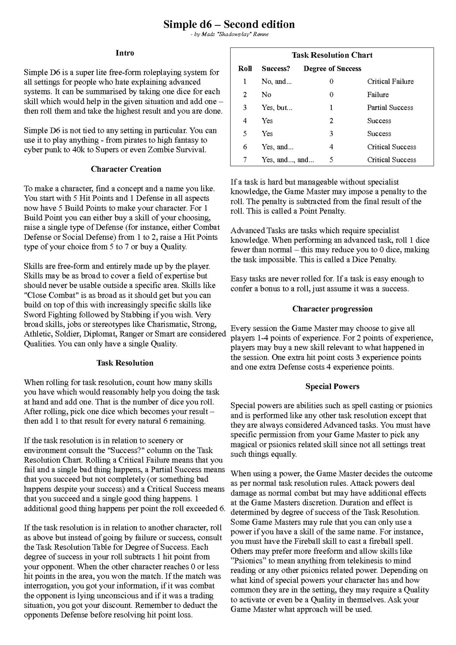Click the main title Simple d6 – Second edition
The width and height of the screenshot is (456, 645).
(x=229, y=24)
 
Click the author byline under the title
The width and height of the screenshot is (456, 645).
(x=229, y=35)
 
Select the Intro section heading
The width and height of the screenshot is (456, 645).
(x=125, y=53)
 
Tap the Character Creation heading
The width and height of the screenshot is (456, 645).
(x=126, y=169)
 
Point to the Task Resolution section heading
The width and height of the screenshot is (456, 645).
(x=125, y=363)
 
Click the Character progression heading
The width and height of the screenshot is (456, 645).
(x=332, y=309)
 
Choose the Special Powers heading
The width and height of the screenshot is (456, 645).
(x=332, y=387)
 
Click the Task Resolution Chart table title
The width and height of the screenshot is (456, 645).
(x=332, y=55)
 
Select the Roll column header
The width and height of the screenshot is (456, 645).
(x=245, y=68)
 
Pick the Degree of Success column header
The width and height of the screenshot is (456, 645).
(x=332, y=68)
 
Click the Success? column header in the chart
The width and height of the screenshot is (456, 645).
(x=275, y=68)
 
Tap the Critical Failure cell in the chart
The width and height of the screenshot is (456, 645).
(x=390, y=81)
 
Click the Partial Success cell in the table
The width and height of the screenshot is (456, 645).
(x=390, y=108)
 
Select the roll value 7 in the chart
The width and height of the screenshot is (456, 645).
(x=245, y=160)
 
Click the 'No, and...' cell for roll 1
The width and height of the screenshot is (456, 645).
(x=276, y=81)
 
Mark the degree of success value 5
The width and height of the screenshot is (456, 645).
(x=331, y=160)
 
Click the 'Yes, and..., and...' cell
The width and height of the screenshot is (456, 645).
(x=288, y=160)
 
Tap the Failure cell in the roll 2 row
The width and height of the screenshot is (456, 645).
(x=378, y=95)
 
